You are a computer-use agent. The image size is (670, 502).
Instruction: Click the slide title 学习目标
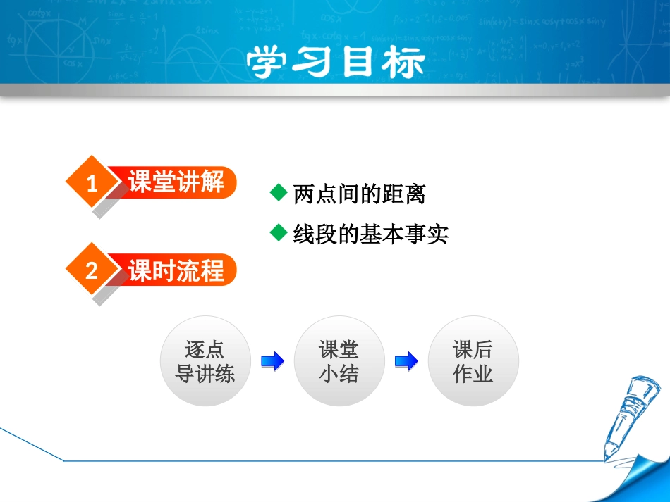[x=335, y=63]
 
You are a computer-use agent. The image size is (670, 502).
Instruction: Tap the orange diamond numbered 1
[x=91, y=184]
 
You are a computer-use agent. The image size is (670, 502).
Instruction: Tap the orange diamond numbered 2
[x=91, y=270]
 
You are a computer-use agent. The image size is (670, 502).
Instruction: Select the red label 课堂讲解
[x=176, y=183]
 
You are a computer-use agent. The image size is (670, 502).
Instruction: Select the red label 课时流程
[x=176, y=270]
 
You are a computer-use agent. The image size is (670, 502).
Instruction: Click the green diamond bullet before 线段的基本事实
[x=279, y=232]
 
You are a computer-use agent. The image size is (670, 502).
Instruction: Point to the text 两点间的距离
[x=360, y=194]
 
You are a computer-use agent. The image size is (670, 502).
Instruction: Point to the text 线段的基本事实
[x=371, y=234]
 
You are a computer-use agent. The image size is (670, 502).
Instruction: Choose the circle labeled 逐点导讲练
[x=205, y=361]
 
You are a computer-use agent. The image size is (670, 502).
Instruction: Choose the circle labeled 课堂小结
[x=339, y=361]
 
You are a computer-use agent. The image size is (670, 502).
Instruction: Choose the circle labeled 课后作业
[x=473, y=361]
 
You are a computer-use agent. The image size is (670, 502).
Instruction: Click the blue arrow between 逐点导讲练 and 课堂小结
[x=272, y=362]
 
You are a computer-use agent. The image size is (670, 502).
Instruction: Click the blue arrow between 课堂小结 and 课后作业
[x=406, y=362]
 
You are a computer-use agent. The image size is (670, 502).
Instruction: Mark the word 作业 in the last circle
[x=473, y=374]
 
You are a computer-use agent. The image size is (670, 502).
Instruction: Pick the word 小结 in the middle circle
[x=339, y=374]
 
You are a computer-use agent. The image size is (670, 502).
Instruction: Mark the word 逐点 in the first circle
[x=205, y=349]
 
